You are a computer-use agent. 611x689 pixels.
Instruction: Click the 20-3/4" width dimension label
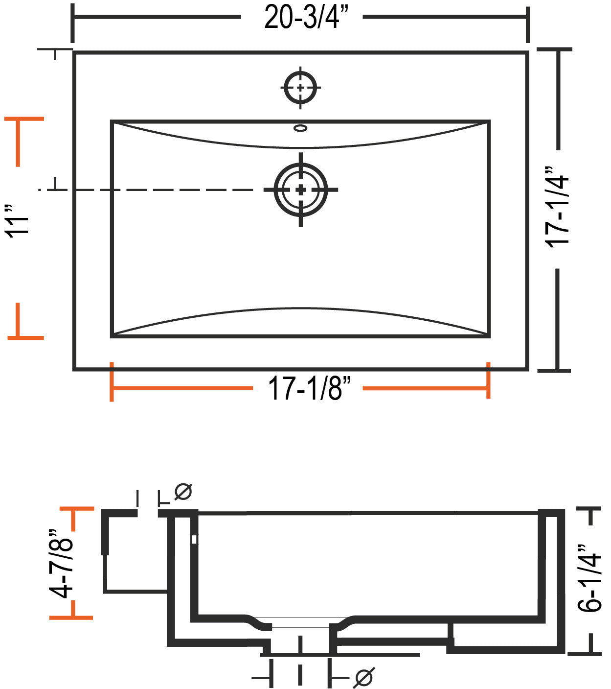[306, 17]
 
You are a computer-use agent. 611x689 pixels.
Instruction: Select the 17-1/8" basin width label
[309, 388]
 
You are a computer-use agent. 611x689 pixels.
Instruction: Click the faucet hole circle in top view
[300, 87]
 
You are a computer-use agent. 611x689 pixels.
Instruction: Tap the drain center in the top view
[301, 190]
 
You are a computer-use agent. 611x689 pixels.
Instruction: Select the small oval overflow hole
[300, 128]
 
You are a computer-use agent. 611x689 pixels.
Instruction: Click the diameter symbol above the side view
[183, 492]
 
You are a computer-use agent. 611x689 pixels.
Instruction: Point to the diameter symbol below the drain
[363, 677]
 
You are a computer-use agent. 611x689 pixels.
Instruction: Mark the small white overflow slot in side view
[194, 539]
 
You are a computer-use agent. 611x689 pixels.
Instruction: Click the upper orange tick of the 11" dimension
[24, 119]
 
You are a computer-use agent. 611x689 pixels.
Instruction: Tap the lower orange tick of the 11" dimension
[25, 338]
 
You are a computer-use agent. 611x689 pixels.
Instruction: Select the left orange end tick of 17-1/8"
[112, 382]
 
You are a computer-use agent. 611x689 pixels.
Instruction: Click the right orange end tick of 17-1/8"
[488, 380]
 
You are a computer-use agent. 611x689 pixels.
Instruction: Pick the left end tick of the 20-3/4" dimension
[72, 24]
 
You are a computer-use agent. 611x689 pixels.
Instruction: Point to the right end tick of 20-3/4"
[527, 24]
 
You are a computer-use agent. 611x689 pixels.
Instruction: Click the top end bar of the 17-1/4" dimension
[555, 49]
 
